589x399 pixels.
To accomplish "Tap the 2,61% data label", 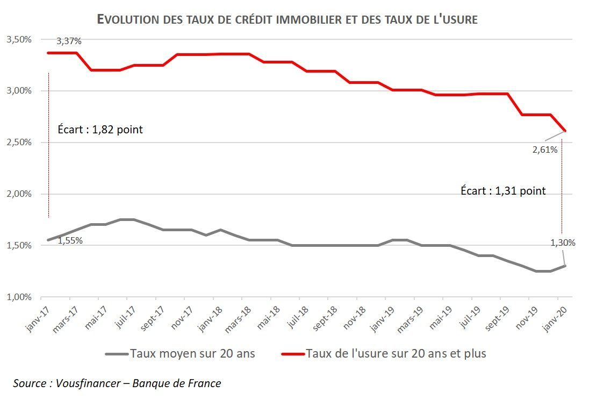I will point(545,150).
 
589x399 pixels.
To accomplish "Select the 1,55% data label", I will point(70,240).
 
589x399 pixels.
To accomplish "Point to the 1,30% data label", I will point(563,243).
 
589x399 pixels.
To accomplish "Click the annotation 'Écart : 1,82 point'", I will point(100,130).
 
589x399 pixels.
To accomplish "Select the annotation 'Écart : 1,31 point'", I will point(503,190).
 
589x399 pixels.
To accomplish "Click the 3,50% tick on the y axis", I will point(19,40).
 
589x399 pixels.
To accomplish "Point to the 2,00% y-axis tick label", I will point(19,194).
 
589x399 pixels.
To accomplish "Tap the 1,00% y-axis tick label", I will point(19,297).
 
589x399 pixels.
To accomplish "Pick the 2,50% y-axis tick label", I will point(19,142).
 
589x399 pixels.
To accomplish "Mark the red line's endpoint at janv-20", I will point(565,131).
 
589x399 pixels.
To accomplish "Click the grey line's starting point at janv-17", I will point(48,240).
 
